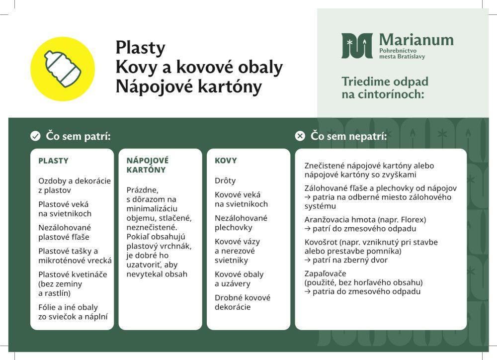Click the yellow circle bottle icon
63,69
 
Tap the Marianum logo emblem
357,46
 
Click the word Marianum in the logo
416,39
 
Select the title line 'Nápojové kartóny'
188,87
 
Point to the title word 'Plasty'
140,48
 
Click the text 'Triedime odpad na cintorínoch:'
385,87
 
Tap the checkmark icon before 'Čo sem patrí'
35,136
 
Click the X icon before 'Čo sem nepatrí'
300,136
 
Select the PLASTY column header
53,161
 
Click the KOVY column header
226,161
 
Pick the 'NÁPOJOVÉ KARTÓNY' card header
148,165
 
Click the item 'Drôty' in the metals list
225,180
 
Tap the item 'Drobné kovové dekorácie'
243,302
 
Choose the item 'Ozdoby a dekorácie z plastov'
75,185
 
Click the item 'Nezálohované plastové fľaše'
65,232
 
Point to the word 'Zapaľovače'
326,273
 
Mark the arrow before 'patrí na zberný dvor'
308,260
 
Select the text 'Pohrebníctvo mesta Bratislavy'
402,54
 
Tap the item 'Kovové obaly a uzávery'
239,279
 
